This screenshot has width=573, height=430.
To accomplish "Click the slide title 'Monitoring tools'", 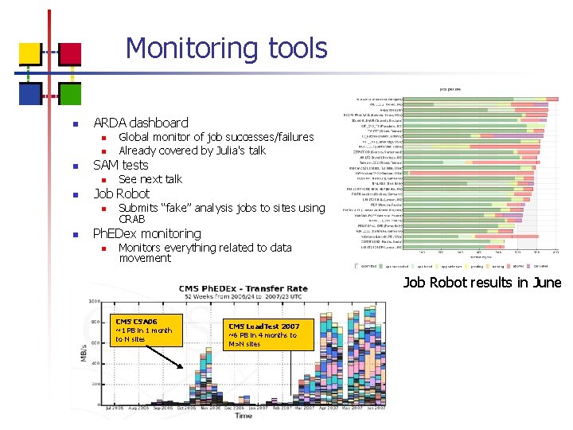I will (x=226, y=49).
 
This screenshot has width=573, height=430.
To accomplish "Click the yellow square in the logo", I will (x=30, y=53).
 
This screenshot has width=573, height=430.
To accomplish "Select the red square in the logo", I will (x=70, y=53).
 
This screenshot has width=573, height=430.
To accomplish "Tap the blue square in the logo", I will (x=30, y=93).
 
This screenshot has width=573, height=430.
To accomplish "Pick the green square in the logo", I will (x=70, y=93).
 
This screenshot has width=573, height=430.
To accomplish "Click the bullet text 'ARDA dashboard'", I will (x=141, y=123).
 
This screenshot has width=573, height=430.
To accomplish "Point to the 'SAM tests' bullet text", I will (x=121, y=165).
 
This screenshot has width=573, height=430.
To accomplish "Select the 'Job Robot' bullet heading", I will (x=122, y=193).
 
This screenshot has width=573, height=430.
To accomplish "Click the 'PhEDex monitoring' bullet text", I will (x=147, y=233).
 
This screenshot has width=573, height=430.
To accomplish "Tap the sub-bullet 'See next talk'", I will (x=150, y=179).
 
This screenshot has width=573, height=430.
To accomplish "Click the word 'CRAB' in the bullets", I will (x=132, y=219).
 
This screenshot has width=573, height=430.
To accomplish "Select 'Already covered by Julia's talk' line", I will (x=192, y=150).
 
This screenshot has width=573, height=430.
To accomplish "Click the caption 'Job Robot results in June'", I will (x=481, y=282).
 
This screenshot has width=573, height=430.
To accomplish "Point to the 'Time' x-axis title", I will (x=244, y=415).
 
